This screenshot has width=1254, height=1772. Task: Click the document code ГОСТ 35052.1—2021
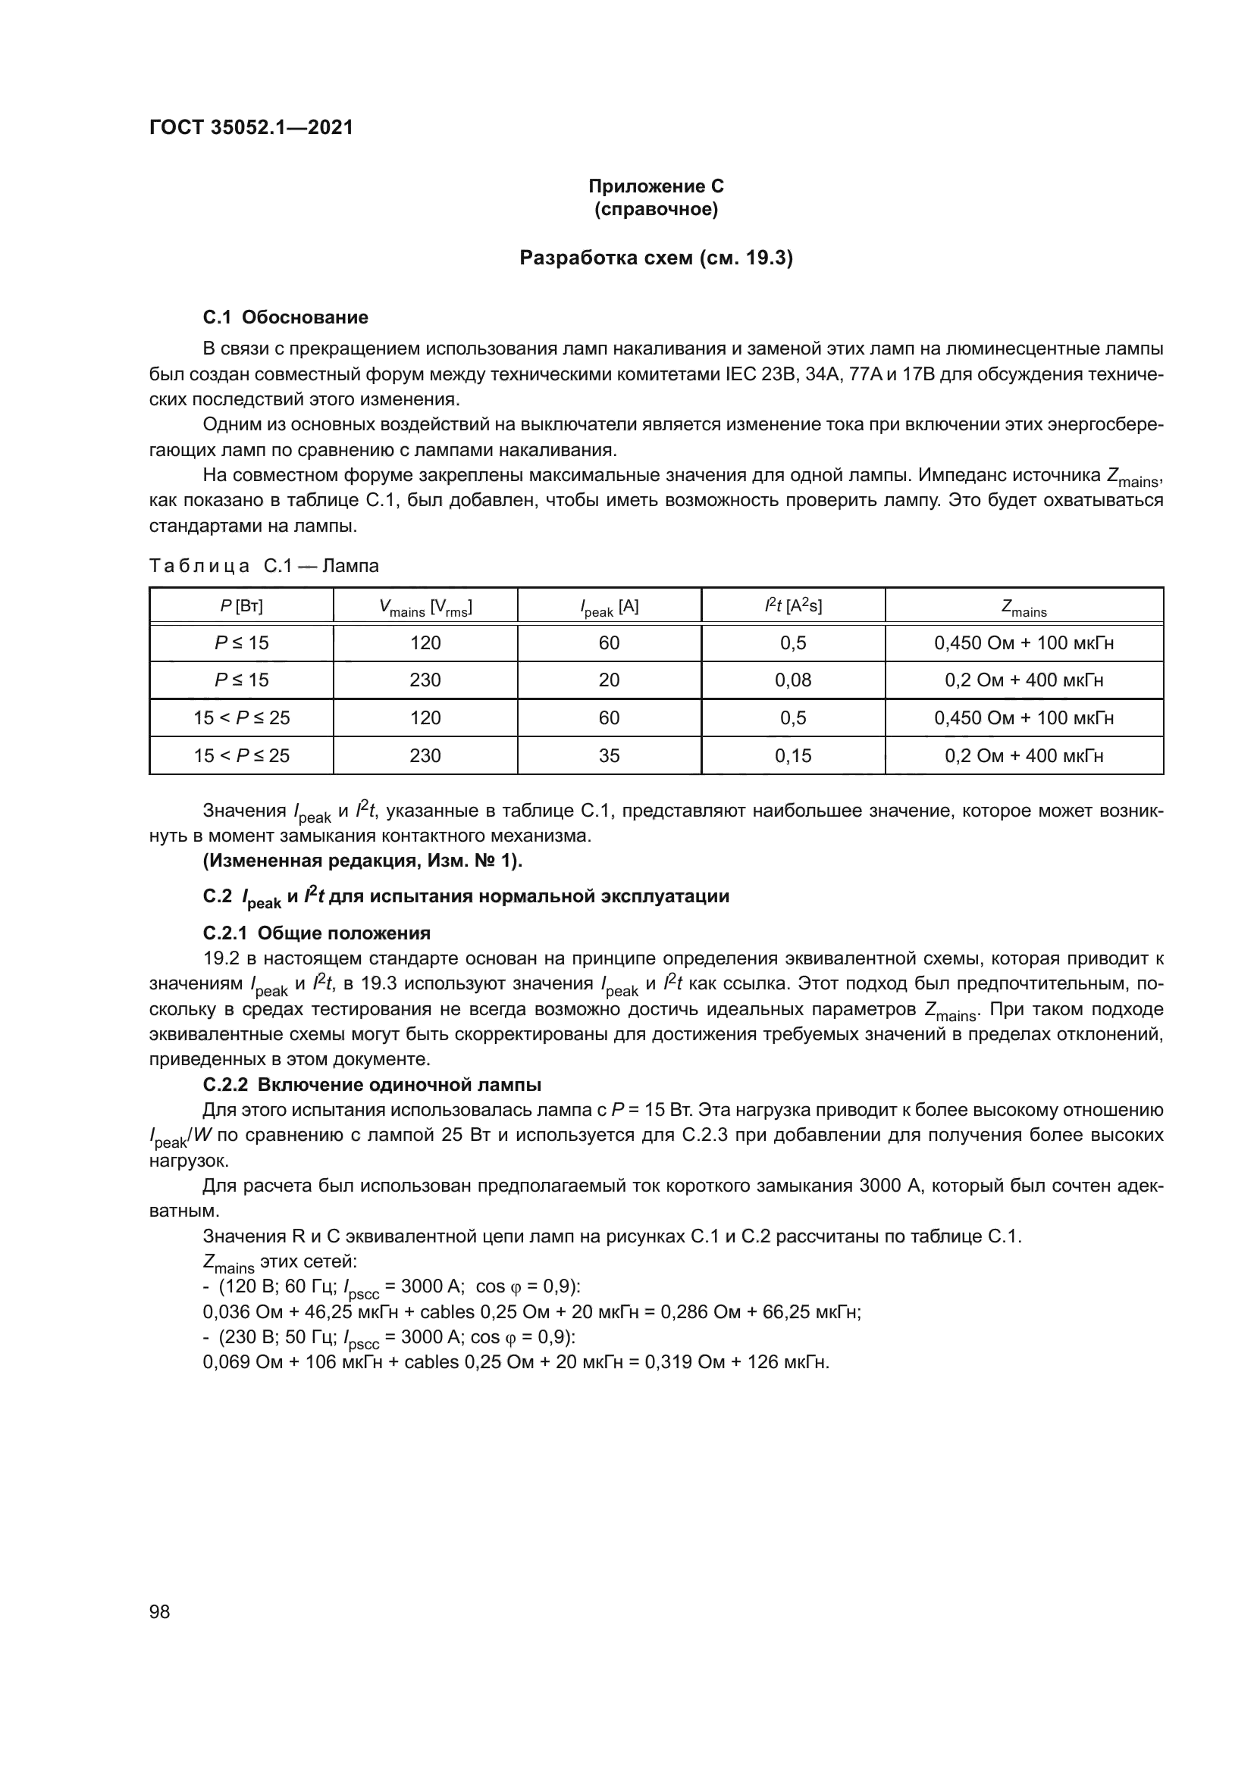pos(251,127)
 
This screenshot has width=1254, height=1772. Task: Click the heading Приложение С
pos(656,186)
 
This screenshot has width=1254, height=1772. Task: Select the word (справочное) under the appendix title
pos(656,209)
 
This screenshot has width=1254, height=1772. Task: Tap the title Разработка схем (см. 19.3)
pos(656,258)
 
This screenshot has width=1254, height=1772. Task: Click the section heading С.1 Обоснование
pos(285,317)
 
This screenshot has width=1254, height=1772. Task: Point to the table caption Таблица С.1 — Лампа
pos(264,566)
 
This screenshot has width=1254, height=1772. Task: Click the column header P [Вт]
pos(241,607)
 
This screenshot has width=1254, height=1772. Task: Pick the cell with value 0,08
pos(793,680)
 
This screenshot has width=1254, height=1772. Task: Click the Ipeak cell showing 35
pos(610,755)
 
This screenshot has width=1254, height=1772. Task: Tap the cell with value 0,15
pos(793,755)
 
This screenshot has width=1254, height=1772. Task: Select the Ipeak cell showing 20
pos(610,680)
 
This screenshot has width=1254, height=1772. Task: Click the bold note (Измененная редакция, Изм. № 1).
pos(362,861)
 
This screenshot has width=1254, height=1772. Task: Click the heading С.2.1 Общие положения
pos(316,933)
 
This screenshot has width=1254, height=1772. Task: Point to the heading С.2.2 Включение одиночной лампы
pos(371,1084)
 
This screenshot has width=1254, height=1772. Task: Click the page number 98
pos(160,1611)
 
